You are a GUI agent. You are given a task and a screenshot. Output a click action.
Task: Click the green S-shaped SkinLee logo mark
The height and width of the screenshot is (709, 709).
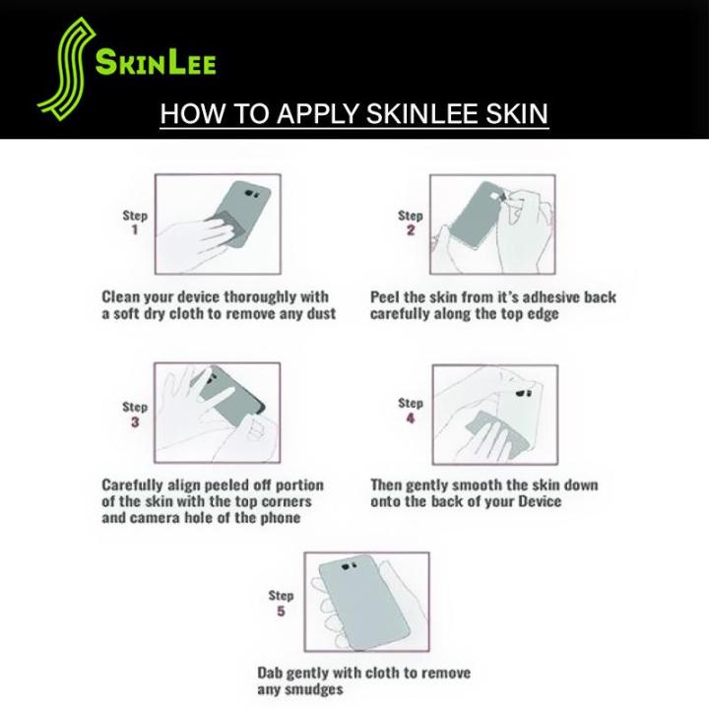68,68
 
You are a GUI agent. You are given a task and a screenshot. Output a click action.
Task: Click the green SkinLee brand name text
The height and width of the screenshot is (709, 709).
156,62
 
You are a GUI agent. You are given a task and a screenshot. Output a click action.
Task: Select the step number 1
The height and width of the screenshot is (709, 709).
134,229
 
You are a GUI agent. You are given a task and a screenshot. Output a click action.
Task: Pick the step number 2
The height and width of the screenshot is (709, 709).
410,230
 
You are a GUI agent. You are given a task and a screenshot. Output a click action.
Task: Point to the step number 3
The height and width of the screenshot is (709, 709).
135,422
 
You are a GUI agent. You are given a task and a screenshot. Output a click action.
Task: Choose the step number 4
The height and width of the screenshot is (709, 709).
410,419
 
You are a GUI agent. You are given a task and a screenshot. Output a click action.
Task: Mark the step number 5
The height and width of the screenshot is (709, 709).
281,612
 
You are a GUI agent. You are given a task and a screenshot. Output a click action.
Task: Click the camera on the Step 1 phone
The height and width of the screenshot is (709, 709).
252,194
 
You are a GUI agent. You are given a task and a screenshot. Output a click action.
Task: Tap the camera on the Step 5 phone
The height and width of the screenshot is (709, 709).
349,565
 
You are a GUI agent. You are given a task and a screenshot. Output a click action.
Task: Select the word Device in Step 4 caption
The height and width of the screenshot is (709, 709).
540,501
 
